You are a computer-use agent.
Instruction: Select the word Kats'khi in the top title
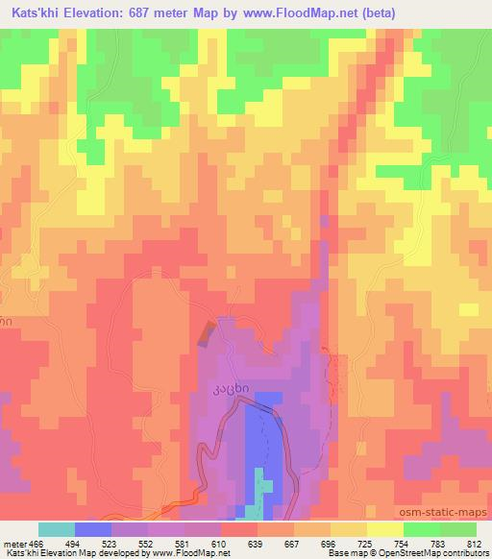(32, 12)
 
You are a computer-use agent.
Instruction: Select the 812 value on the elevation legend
(472, 543)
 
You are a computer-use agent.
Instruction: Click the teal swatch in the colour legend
(56, 529)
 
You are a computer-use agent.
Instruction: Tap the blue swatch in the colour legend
(92, 529)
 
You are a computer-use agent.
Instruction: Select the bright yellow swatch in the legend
(384, 529)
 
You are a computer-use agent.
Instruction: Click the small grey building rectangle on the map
(205, 332)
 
